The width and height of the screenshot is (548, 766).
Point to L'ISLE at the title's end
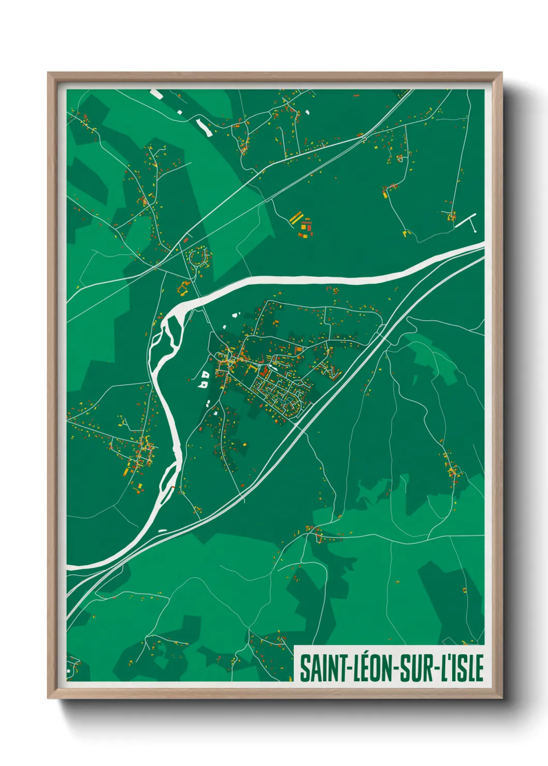[x=462, y=668]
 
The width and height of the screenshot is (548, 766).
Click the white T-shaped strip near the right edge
[x=469, y=221]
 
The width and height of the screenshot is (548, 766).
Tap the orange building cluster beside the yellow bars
[x=306, y=228]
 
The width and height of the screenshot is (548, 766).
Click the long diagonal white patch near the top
[x=203, y=126]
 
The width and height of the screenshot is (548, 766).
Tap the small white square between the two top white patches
[x=180, y=112]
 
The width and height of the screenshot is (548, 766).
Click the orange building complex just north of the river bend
[x=183, y=288]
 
